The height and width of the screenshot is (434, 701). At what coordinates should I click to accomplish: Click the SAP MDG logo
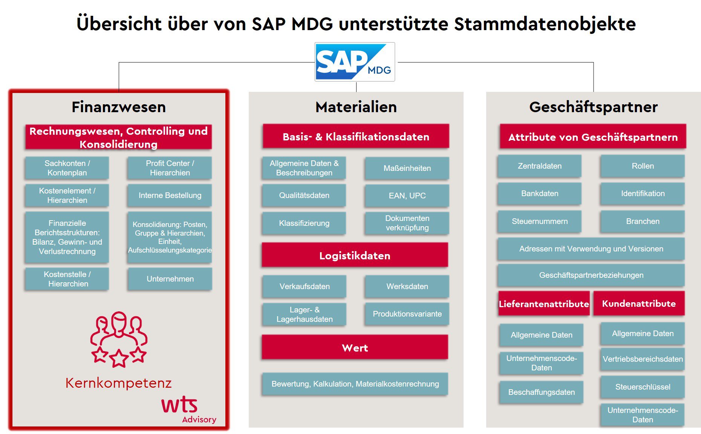pyautogui.click(x=355, y=62)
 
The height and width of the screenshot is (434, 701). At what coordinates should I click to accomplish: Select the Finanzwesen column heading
pyautogui.click(x=119, y=107)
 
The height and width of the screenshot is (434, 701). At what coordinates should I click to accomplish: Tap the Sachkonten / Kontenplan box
pyautogui.click(x=67, y=168)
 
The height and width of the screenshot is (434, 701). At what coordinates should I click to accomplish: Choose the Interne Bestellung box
pyautogui.click(x=170, y=195)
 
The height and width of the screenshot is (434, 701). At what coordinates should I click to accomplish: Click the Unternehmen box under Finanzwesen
pyautogui.click(x=170, y=279)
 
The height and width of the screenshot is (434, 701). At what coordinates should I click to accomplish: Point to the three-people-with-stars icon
pyautogui.click(x=119, y=339)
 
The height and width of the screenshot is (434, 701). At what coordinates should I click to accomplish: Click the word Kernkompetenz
pyautogui.click(x=118, y=383)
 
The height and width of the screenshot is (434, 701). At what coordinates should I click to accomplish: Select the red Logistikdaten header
pyautogui.click(x=355, y=255)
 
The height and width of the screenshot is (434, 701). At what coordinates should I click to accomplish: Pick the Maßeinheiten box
pyautogui.click(x=407, y=168)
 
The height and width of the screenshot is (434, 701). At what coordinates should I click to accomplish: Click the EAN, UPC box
pyautogui.click(x=407, y=196)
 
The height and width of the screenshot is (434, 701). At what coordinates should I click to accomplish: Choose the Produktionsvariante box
pyautogui.click(x=407, y=314)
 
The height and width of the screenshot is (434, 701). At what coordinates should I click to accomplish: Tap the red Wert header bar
pyautogui.click(x=355, y=347)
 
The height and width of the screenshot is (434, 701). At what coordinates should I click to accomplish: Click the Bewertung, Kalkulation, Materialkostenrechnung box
pyautogui.click(x=355, y=384)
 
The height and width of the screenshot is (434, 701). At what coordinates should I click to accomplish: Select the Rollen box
pyautogui.click(x=643, y=166)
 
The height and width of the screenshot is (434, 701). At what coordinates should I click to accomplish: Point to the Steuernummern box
pyautogui.click(x=540, y=221)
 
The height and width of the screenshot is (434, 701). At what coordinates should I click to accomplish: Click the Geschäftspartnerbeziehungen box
pyautogui.click(x=591, y=275)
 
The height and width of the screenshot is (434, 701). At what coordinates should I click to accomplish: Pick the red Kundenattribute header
pyautogui.click(x=639, y=303)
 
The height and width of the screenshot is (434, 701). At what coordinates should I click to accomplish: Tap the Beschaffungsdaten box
pyautogui.click(x=542, y=392)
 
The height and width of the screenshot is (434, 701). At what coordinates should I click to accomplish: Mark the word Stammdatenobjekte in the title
pyautogui.click(x=545, y=24)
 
